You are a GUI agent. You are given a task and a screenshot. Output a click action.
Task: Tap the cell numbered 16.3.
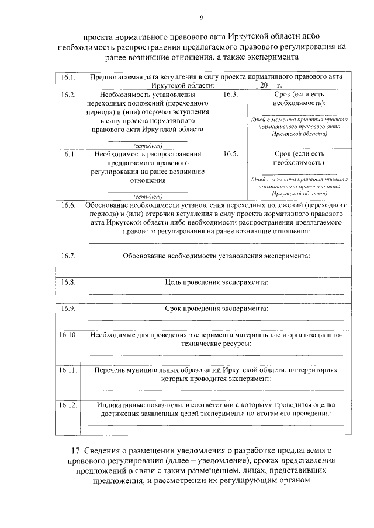coord(230,95)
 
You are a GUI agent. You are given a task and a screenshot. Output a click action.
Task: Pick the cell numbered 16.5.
coord(230,155)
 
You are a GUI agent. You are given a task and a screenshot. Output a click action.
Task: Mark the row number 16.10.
coord(68,335)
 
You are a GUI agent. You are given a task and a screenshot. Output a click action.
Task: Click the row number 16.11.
coord(68,370)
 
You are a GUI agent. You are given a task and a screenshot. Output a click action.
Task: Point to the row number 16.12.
coord(68,404)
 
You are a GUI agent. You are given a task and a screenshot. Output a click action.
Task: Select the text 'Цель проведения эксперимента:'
coord(217,282)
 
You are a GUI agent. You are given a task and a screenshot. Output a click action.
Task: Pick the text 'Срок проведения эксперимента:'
coord(216,308)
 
